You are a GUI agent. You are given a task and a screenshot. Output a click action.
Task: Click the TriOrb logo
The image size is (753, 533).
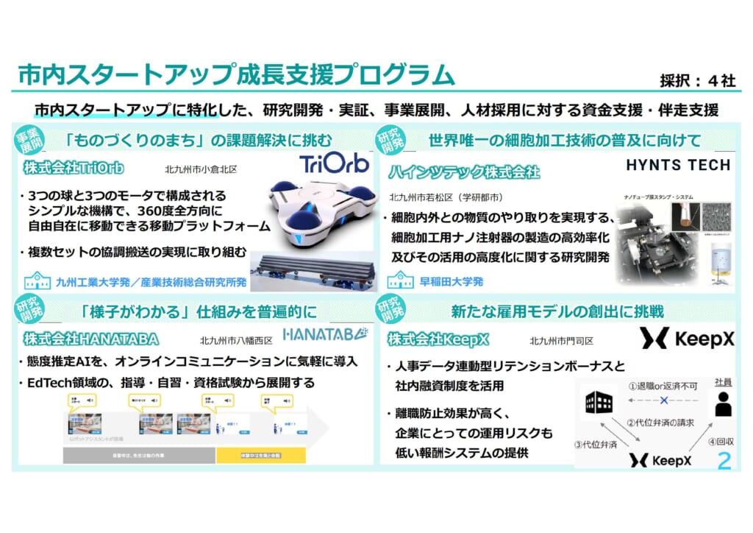(x=334, y=163)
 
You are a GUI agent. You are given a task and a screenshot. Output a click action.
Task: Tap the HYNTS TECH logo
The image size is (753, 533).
(x=678, y=165)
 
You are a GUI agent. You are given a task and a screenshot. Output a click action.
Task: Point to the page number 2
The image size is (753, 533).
(x=724, y=462)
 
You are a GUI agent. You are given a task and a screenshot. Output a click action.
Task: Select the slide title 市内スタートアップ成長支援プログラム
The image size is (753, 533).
(x=235, y=76)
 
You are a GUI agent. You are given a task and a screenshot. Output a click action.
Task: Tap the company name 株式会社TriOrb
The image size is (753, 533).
(x=73, y=169)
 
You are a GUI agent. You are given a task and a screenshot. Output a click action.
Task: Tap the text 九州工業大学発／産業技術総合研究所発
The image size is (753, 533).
(x=151, y=281)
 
